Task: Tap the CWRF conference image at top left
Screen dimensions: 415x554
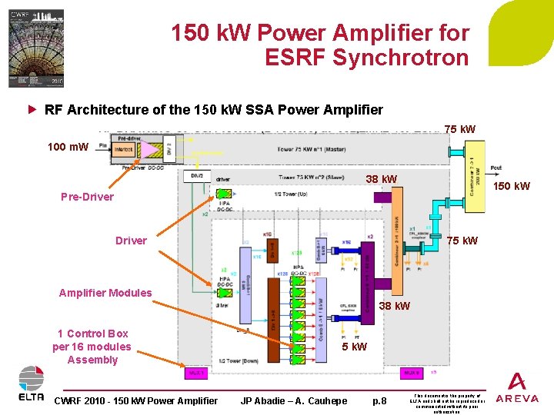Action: (36, 48)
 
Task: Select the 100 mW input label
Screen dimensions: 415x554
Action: (68, 146)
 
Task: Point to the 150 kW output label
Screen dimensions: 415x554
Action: (511, 186)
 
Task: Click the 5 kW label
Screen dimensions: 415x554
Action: (354, 347)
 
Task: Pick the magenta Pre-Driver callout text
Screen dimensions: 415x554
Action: (87, 197)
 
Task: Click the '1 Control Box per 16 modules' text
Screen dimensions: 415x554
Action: (92, 346)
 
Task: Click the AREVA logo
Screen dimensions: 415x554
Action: (517, 387)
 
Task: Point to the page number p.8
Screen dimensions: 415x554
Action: (379, 400)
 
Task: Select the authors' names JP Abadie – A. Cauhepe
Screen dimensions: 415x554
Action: (294, 400)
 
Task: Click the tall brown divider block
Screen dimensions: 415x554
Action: (272, 316)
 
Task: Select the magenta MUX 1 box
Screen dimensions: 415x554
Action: (197, 373)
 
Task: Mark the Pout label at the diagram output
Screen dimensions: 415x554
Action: (496, 167)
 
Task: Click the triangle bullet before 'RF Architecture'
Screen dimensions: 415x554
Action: (32, 109)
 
